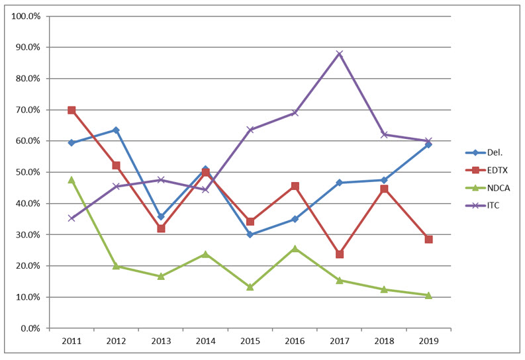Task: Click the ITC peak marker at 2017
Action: coord(340,54)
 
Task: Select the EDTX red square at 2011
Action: coord(72,110)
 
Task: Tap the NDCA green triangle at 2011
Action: coord(72,179)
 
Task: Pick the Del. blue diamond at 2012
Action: coord(117,130)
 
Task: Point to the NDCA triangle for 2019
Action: coord(428,295)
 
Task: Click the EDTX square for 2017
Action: coord(340,254)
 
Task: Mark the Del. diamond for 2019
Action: coord(428,144)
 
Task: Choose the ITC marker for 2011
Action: coord(72,218)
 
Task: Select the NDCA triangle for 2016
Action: coord(295,248)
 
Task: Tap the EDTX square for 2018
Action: coord(384,189)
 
